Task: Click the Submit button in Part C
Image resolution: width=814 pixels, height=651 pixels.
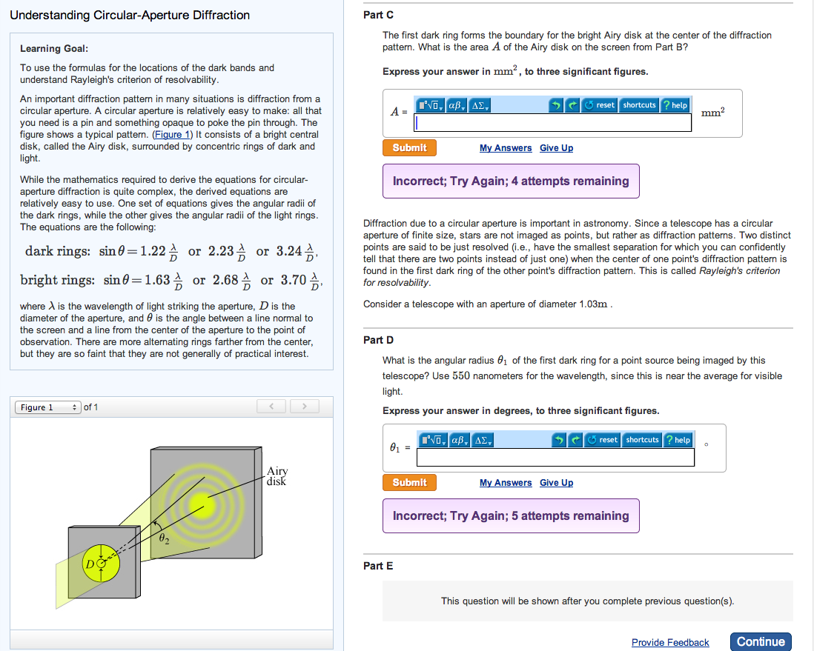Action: coord(409,147)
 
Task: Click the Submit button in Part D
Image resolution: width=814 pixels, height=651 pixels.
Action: coord(409,482)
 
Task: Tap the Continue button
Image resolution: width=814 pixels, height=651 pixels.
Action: coord(760,641)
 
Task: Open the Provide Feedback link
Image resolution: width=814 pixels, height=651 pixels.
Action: coord(669,642)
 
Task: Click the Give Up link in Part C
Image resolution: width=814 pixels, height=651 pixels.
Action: coord(556,148)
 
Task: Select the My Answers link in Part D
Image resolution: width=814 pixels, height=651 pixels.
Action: coord(505,483)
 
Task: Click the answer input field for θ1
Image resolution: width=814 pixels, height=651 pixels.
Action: coord(555,458)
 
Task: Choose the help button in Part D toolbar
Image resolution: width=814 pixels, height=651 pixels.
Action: coord(677,440)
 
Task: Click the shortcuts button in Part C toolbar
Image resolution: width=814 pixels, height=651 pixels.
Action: coord(638,105)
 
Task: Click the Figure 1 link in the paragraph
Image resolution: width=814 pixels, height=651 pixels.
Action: coord(172,135)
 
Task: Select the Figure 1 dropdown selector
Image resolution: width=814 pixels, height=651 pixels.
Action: coord(48,407)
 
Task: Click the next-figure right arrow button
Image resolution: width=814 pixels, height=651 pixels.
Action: coord(304,407)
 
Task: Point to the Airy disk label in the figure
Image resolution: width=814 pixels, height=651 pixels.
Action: coord(277,475)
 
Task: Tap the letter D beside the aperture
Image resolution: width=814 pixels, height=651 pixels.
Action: coord(90,564)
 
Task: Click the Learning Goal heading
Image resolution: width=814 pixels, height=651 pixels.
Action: coord(54,49)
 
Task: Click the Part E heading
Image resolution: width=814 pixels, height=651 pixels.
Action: coord(378,566)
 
